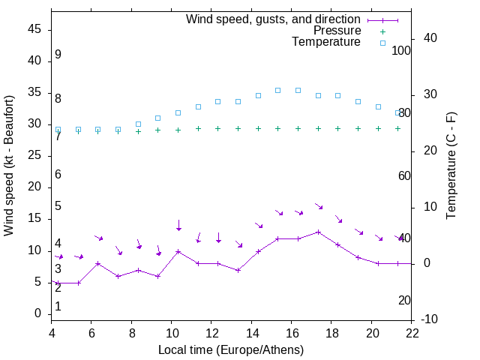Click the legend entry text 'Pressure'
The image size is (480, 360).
tap(337, 31)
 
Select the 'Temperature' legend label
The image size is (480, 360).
tap(326, 42)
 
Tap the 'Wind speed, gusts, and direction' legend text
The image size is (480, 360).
tap(274, 19)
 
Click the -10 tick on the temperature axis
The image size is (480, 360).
tap(430, 319)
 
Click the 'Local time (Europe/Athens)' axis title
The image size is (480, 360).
tap(231, 349)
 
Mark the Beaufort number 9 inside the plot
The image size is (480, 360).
tap(58, 55)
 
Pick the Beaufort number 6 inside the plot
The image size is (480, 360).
tap(58, 175)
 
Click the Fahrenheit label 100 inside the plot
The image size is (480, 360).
tap(401, 50)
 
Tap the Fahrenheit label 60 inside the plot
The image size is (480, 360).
tap(404, 176)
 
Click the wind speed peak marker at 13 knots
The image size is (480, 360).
tap(319, 232)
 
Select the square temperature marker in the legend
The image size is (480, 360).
tap(382, 43)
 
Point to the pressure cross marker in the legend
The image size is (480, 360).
tap(382, 31)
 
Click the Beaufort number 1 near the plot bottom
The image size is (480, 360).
tap(58, 307)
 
